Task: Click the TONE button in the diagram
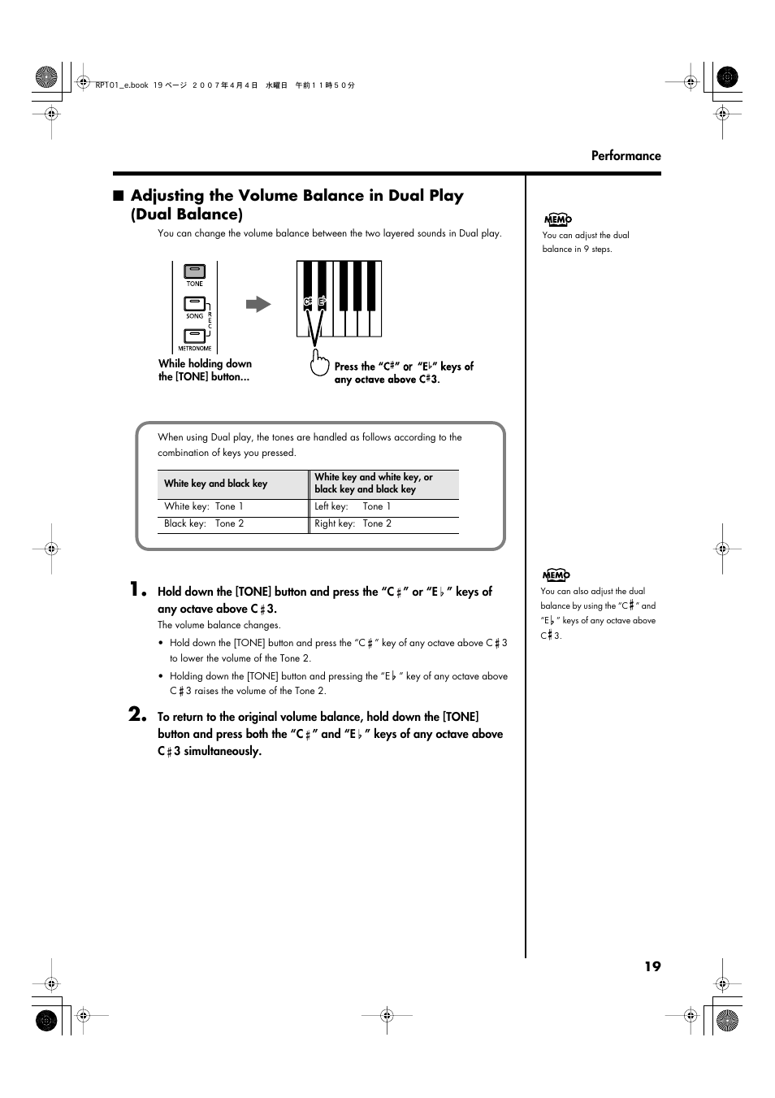click(x=194, y=271)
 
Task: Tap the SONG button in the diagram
click(x=194, y=305)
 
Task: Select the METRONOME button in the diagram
click(x=194, y=336)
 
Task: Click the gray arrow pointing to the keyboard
click(x=258, y=305)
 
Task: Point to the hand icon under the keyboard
click(x=319, y=362)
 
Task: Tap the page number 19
click(x=652, y=966)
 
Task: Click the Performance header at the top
click(x=626, y=156)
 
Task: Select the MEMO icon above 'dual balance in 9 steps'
click(x=557, y=219)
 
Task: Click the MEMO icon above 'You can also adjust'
click(x=556, y=575)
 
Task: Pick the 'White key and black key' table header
click(x=216, y=484)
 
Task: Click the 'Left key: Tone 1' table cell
click(x=353, y=506)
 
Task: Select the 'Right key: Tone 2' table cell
click(x=353, y=523)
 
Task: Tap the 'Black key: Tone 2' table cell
click(x=204, y=523)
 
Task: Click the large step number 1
click(x=137, y=589)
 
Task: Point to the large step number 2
click(x=137, y=714)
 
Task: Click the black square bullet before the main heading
click(x=119, y=196)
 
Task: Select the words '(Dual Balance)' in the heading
click(x=187, y=215)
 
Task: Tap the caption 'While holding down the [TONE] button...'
click(x=205, y=371)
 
